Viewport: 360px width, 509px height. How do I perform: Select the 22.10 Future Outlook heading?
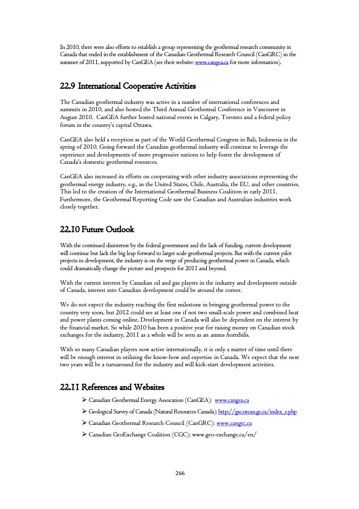(x=97, y=230)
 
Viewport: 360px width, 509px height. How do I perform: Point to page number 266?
(x=180, y=473)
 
